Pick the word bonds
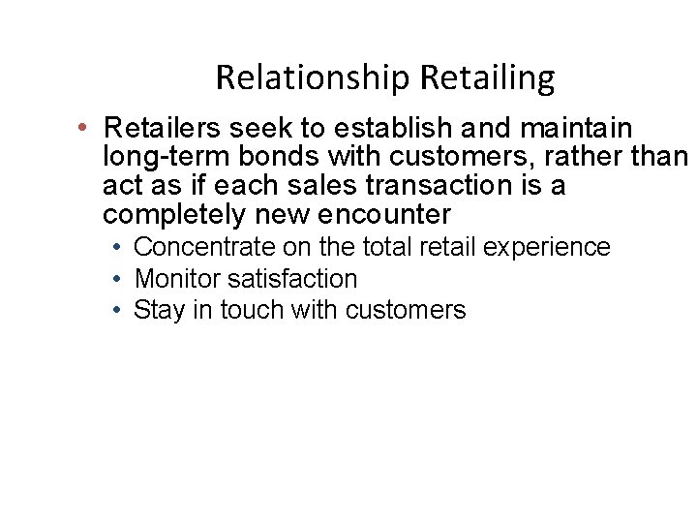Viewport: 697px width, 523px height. click(258, 156)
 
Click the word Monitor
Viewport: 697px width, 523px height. click(177, 279)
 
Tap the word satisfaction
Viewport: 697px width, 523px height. click(292, 279)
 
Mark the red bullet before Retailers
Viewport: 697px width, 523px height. click(85, 128)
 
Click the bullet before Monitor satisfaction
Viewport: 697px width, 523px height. click(116, 279)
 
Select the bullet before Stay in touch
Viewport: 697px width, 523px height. click(116, 310)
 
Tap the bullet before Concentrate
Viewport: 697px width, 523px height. click(116, 248)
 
